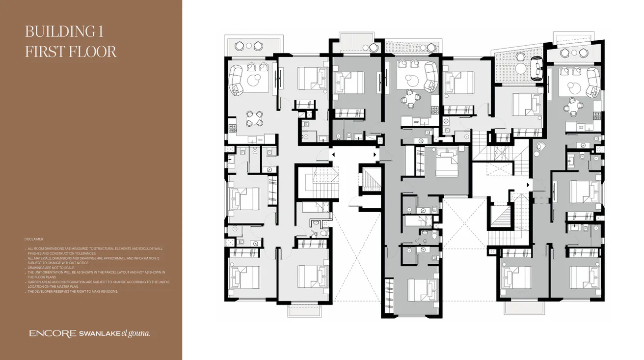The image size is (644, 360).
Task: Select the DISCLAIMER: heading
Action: pos(34,239)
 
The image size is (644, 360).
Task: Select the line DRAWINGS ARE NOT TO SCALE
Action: pos(51,268)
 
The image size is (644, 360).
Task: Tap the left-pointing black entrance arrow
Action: pos(333,155)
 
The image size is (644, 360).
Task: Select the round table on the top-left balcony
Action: pos(249,46)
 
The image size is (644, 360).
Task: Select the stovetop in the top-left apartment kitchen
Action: pos(232,129)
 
